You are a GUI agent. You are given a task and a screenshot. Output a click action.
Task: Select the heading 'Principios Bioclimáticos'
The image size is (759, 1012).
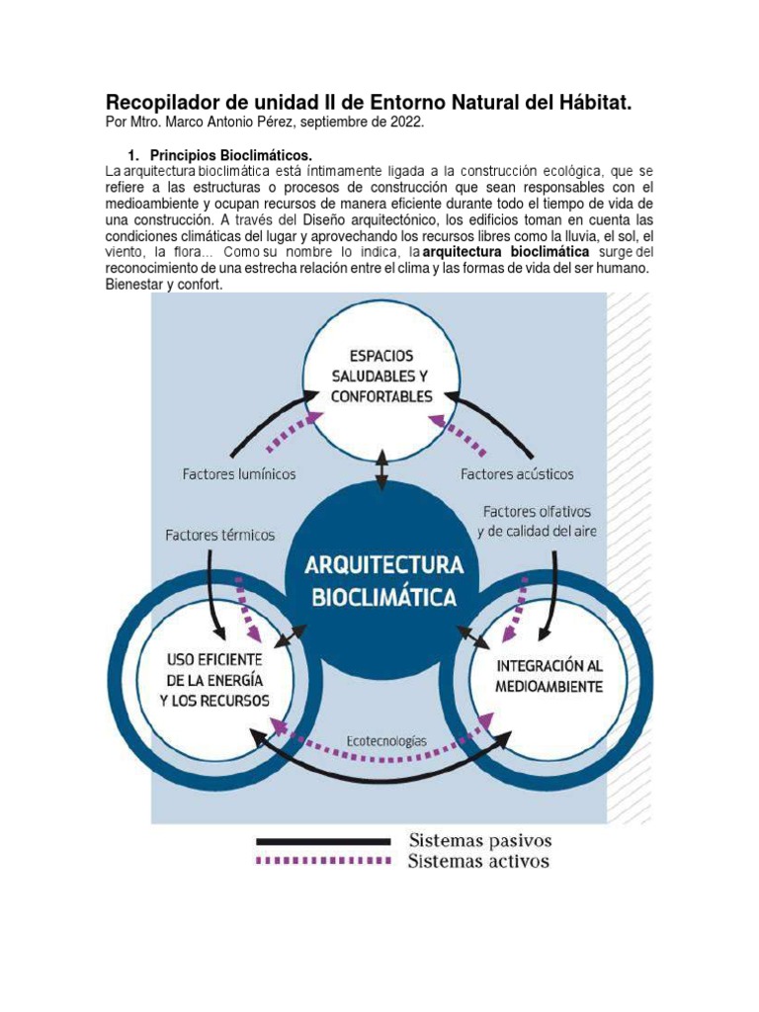point(230,156)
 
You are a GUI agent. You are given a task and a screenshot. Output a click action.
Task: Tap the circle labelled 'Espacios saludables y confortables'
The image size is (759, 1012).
point(380,376)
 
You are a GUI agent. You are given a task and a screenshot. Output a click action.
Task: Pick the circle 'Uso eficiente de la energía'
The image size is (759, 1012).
point(213,679)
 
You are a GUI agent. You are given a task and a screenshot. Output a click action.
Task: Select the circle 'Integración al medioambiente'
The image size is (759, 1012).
point(548,675)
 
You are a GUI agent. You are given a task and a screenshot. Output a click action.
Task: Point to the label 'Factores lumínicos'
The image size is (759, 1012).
point(238,474)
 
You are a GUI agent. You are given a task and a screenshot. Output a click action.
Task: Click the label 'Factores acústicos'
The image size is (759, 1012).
point(517,474)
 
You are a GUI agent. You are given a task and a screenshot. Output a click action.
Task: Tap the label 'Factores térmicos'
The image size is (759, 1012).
point(219,535)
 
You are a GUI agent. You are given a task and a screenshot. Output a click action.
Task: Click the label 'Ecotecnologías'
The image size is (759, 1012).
point(385,739)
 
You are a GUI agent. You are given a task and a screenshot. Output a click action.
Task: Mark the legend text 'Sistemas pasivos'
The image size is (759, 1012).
point(480,841)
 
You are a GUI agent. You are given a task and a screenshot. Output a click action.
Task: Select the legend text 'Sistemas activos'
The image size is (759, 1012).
point(478,861)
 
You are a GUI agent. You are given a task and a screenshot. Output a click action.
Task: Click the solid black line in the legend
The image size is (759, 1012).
point(323,841)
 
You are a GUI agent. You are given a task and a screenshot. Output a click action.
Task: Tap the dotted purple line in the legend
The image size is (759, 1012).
point(323,861)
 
